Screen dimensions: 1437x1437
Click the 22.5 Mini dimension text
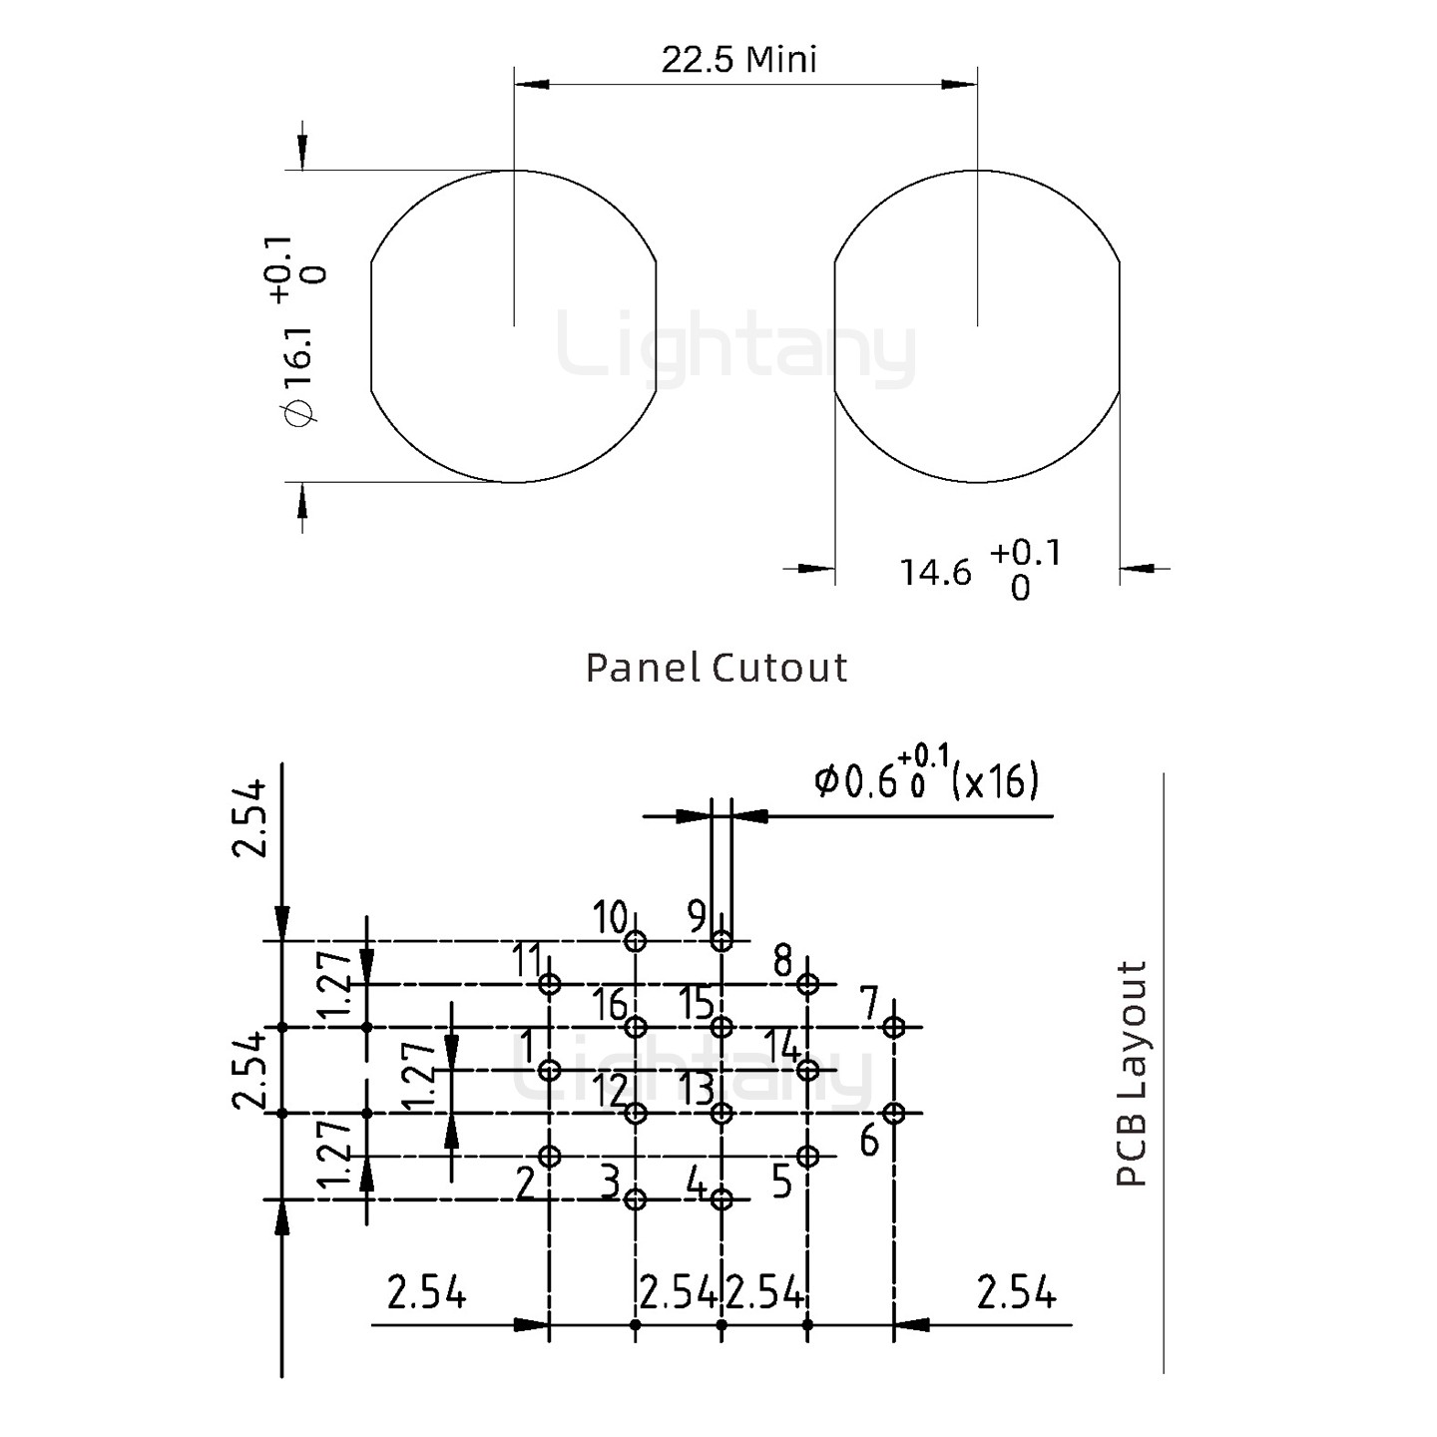(x=738, y=60)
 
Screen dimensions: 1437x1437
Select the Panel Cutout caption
(x=717, y=668)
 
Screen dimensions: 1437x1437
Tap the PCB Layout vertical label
(x=1132, y=1074)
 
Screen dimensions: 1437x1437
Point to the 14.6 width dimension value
(x=935, y=573)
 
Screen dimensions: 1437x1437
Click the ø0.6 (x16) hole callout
(x=926, y=780)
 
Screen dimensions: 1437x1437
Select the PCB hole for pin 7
(x=894, y=1027)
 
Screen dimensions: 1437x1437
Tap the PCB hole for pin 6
(x=894, y=1113)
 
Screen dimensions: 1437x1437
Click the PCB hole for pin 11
(x=549, y=984)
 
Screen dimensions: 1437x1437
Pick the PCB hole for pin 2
(x=549, y=1157)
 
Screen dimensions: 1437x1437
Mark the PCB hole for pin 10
(x=636, y=941)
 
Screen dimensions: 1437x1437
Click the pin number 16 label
(x=610, y=1005)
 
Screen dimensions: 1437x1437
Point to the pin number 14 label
(x=783, y=1048)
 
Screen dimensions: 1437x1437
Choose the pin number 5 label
(x=782, y=1182)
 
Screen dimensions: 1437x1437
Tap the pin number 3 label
(x=610, y=1185)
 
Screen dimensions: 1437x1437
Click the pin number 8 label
(x=783, y=962)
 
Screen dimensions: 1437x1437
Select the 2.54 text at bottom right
(x=1016, y=1294)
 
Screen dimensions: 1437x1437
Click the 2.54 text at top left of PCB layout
(x=249, y=818)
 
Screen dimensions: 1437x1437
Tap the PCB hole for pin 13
(x=721, y=1113)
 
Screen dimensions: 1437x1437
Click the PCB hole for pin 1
(x=549, y=1070)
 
